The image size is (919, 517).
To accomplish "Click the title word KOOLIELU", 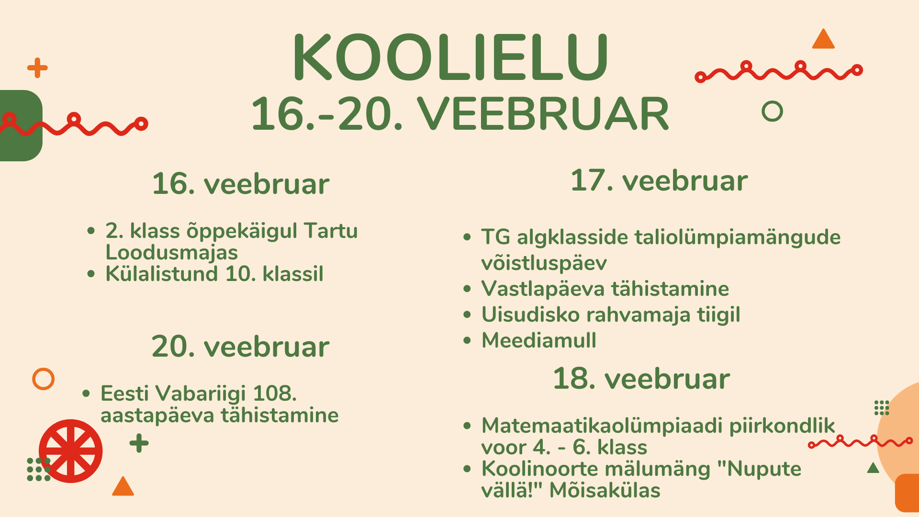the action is point(450,57).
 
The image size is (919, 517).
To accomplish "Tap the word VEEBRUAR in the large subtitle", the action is point(543,114).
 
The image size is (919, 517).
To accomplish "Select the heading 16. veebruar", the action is point(241,184).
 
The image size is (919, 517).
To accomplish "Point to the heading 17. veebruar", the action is point(659,180).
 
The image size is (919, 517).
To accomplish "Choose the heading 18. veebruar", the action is point(641,379).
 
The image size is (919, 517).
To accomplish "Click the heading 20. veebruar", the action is point(241,347).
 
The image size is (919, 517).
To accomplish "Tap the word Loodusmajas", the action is point(171,252).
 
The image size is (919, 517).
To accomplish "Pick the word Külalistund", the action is point(162,274).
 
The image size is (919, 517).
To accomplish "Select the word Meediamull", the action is point(539,340).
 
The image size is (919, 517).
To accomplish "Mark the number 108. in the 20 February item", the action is point(275,393).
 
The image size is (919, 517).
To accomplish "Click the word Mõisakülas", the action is point(605,490).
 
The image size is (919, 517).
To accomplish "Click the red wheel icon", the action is point(71,451).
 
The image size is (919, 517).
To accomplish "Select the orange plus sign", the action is point(37,67).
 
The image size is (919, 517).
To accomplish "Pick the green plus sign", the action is point(139,443).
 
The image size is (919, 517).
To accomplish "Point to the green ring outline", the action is point(772,111).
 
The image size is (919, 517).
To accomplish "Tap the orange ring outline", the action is point(43,379).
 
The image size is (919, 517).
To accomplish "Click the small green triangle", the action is point(874,468).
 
